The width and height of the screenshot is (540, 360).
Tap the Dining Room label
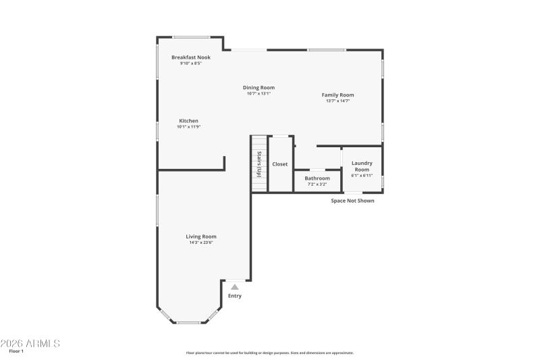[x=259, y=88]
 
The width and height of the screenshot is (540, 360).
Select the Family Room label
[x=337, y=95]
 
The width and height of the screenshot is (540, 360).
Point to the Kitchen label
[x=188, y=121]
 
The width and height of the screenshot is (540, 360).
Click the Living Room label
[x=201, y=236]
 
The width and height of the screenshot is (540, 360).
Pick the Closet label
[x=279, y=164]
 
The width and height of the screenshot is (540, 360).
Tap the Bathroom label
[x=317, y=178]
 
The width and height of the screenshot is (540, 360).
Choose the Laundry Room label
[x=362, y=165]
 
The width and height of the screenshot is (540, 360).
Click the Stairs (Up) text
[x=259, y=164]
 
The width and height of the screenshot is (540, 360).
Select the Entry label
[x=234, y=296]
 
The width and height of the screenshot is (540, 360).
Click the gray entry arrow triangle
[x=234, y=286]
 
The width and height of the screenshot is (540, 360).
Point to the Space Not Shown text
[x=352, y=201]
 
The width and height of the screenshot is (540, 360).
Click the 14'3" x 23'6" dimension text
[x=201, y=242]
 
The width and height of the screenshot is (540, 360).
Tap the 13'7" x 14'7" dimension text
[x=337, y=101]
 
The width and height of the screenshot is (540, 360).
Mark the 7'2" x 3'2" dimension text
[x=317, y=184]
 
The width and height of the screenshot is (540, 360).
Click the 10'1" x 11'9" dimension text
[x=188, y=127]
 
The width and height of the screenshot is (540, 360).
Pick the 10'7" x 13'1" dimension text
[x=259, y=94]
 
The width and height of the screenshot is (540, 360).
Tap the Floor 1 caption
[x=16, y=351]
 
